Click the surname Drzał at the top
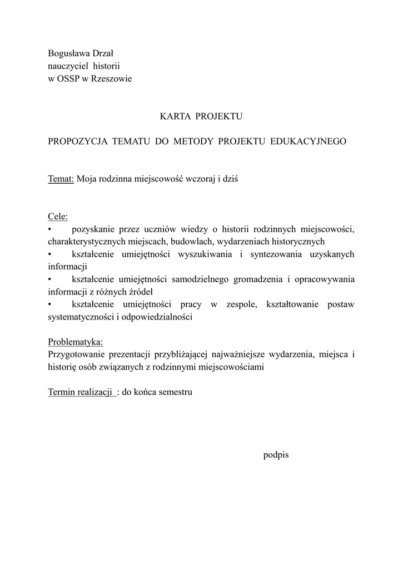pos(101,54)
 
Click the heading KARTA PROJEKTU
pos(201,116)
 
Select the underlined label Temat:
pos(61,179)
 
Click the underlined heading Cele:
pos(58,217)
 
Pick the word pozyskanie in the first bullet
pos(92,229)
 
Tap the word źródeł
pos(140,291)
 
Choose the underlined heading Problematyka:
pos(76,342)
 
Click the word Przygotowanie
pos(76,354)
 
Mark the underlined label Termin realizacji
pos(81,392)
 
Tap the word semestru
pos(175,392)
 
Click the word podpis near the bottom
pos(276,455)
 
